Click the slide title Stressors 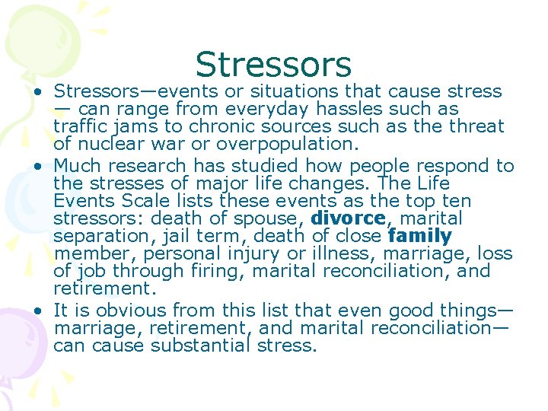coord(273,65)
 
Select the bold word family coord(420,236)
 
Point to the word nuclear coord(103,144)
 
